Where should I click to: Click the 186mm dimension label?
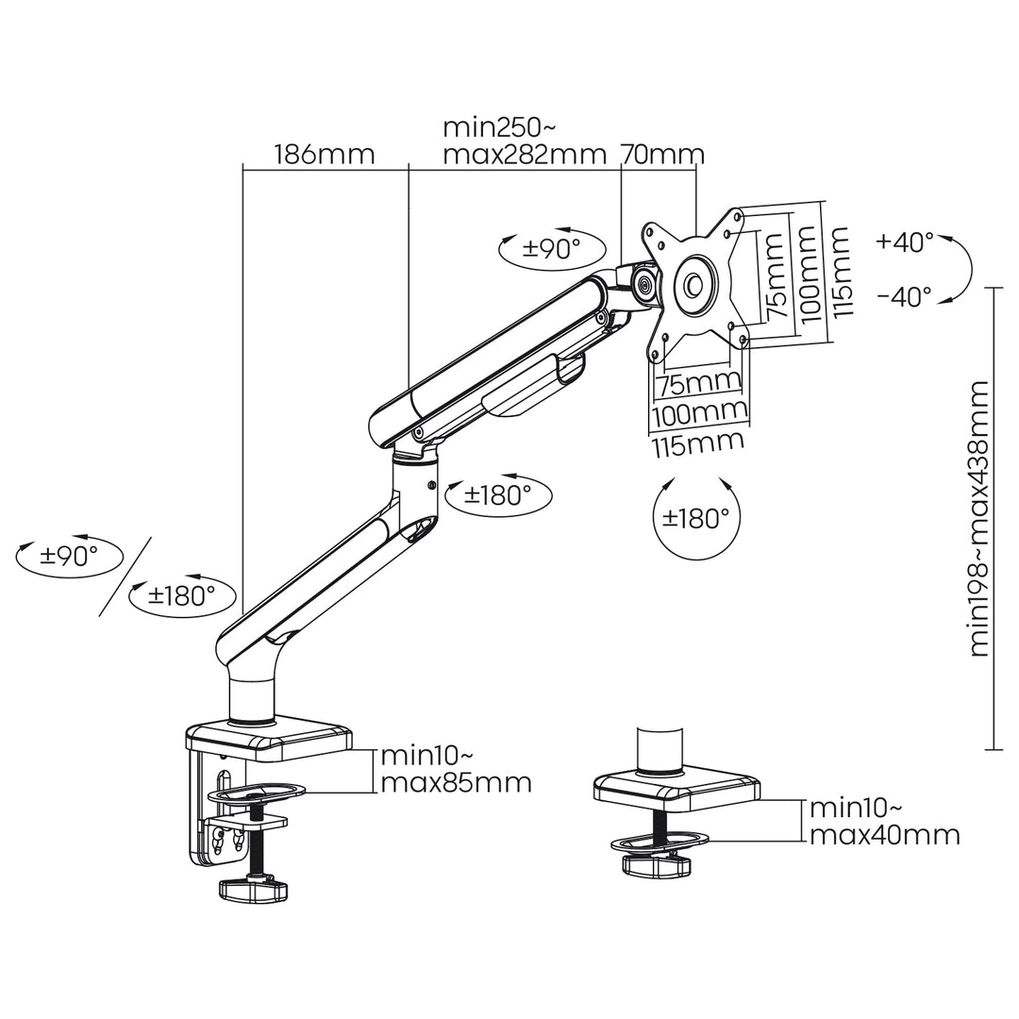[x=324, y=155]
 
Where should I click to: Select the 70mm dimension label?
[x=661, y=155]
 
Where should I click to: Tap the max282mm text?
[x=524, y=155]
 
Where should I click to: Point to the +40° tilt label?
[x=904, y=242]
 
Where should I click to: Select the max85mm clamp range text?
[x=457, y=782]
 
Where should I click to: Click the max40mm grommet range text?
[x=885, y=834]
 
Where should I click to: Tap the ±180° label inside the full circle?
[x=695, y=518]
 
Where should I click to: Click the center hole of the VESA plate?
[x=693, y=282]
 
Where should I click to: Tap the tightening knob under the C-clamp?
[x=252, y=888]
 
